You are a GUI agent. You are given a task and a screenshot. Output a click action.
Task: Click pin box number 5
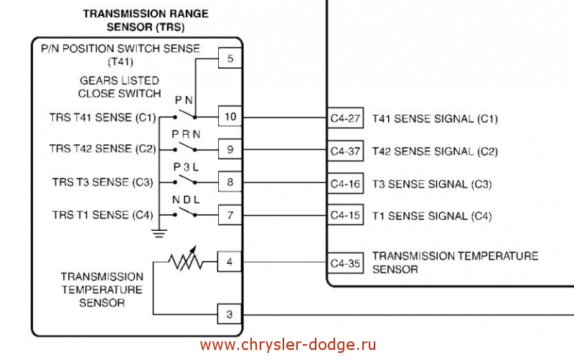pyautogui.click(x=230, y=59)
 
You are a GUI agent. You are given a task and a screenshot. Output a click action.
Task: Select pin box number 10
pyautogui.click(x=230, y=117)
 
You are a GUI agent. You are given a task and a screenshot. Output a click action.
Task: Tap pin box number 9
pyautogui.click(x=230, y=150)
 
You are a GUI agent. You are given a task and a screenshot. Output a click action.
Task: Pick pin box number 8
pyautogui.click(x=230, y=182)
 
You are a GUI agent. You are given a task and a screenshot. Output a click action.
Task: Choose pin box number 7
pyautogui.click(x=230, y=214)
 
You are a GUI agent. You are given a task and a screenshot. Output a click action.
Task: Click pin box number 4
pyautogui.click(x=230, y=262)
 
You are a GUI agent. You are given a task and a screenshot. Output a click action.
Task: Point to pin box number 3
pyautogui.click(x=230, y=314)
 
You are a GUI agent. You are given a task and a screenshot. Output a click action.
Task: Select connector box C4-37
pyautogui.click(x=346, y=152)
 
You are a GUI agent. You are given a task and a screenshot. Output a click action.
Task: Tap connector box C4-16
pyautogui.click(x=346, y=184)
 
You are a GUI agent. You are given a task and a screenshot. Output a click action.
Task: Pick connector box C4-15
pyautogui.click(x=346, y=216)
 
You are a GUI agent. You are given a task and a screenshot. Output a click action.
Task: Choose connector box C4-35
pyautogui.click(x=346, y=263)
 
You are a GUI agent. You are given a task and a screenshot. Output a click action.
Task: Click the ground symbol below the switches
pyautogui.click(x=160, y=232)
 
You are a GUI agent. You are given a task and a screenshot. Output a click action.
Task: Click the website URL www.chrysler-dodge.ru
pyautogui.click(x=288, y=345)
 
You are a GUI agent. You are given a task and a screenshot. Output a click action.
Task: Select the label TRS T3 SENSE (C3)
pyautogui.click(x=103, y=182)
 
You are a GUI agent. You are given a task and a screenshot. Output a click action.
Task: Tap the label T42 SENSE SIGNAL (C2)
pyautogui.click(x=435, y=152)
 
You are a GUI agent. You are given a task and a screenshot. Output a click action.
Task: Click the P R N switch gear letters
pyautogui.click(x=185, y=135)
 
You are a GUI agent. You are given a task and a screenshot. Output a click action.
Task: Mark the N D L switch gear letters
pyautogui.click(x=185, y=199)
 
